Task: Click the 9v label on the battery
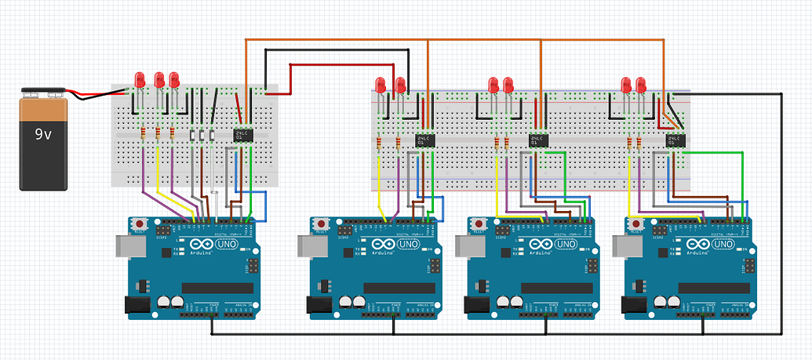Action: coord(43,134)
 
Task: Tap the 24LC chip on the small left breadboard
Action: coord(243,134)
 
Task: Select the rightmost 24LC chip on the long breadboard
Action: coord(674,140)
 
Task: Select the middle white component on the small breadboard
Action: coord(202,136)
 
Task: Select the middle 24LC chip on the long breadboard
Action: coord(538,140)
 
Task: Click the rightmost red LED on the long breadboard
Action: coord(642,84)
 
